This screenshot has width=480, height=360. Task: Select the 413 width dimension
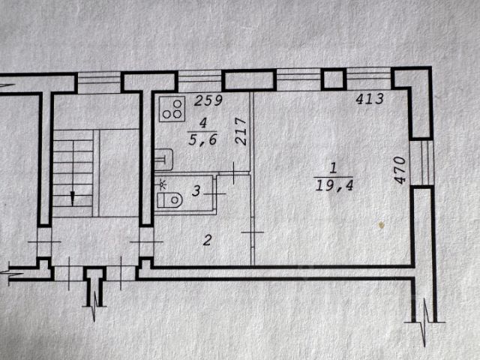tap(369, 98)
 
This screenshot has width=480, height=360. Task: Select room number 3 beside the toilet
tap(196, 191)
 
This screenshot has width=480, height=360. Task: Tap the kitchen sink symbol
tap(164, 159)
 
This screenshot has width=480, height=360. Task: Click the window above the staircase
tap(100, 81)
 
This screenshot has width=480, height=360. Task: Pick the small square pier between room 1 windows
tap(334, 79)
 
